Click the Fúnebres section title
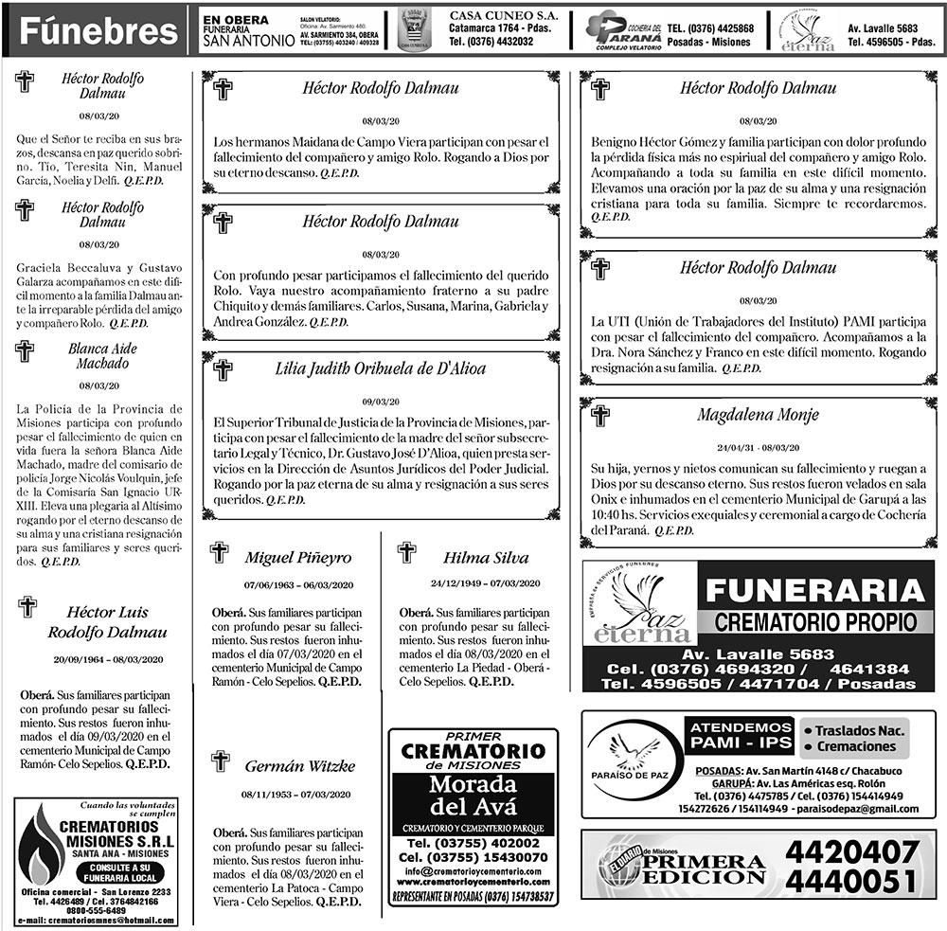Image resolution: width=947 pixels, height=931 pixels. [x=98, y=32]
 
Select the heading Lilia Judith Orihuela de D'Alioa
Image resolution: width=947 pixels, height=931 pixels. [x=381, y=367]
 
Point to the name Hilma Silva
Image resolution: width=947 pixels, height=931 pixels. [x=486, y=557]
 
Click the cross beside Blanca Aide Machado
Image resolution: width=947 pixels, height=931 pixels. [x=25, y=351]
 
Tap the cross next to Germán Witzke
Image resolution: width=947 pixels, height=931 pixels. [x=221, y=760]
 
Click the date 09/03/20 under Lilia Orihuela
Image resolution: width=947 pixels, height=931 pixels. [x=381, y=401]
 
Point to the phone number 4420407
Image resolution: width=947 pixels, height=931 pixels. [x=851, y=851]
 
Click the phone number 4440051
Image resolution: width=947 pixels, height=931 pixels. [x=851, y=881]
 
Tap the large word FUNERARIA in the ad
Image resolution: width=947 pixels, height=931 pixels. [x=815, y=591]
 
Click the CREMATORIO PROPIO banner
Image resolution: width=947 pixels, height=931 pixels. [x=815, y=622]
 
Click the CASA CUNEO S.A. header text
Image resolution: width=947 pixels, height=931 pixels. [x=503, y=17]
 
